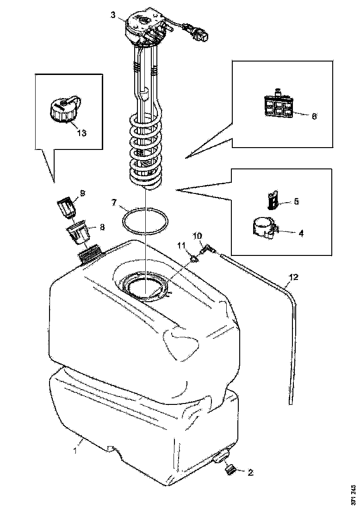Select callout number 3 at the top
pyautogui.click(x=113, y=14)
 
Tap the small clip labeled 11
pyautogui.click(x=194, y=257)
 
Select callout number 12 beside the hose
pyautogui.click(x=294, y=278)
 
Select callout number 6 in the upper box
pyautogui.click(x=314, y=116)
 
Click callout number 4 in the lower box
pyautogui.click(x=301, y=234)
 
